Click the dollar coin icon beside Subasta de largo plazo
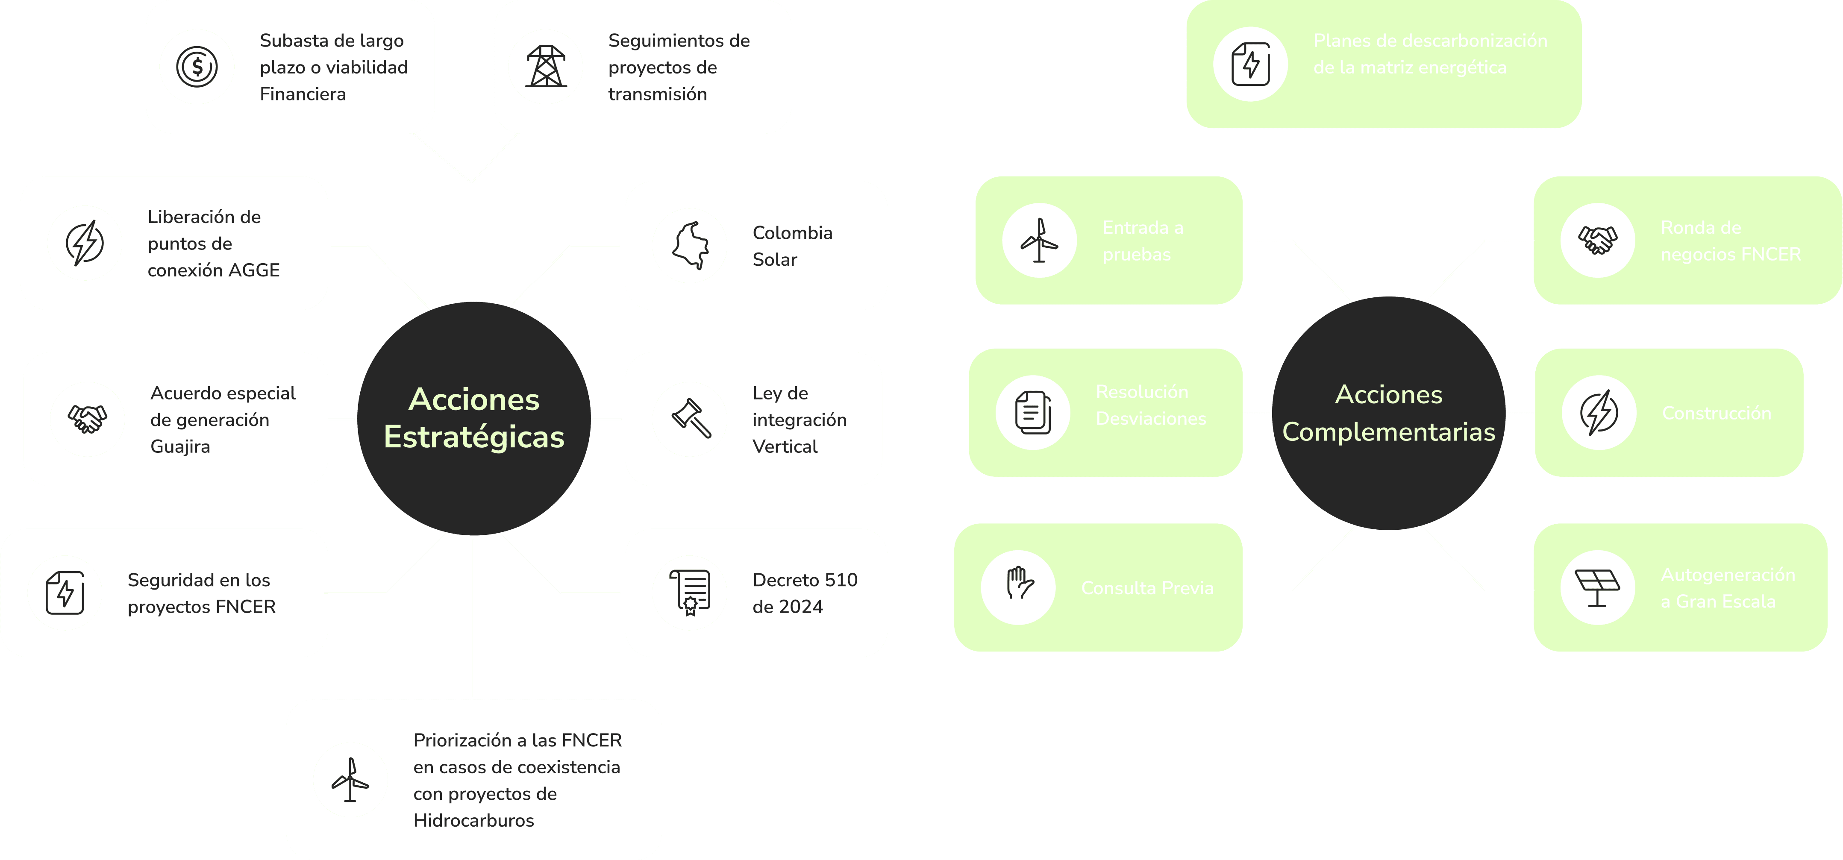pos(197,67)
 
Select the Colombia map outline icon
pos(691,245)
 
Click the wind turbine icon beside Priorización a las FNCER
pos(350,780)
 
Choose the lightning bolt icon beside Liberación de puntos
pos(85,243)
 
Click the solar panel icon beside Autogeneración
pos(1598,588)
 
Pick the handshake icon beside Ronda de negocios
pos(1598,240)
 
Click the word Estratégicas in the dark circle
pos(473,437)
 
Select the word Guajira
pos(180,446)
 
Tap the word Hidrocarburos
pos(473,821)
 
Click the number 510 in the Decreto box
pos(841,580)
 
